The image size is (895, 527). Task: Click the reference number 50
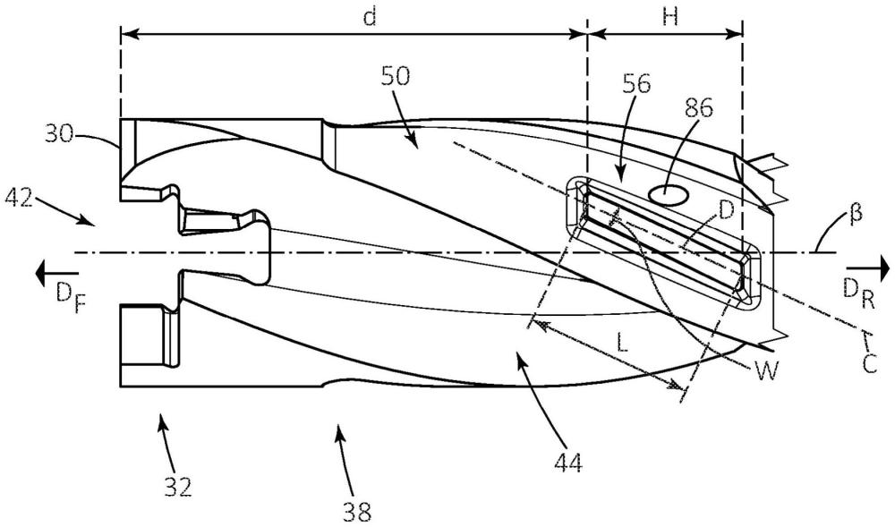[x=396, y=76]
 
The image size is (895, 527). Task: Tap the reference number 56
[x=636, y=84]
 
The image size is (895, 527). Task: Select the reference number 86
[x=699, y=107]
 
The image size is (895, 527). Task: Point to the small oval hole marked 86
[x=669, y=195]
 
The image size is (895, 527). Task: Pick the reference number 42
[x=18, y=199]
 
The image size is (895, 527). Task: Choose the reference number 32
[x=178, y=487]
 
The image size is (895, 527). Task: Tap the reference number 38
[x=357, y=511]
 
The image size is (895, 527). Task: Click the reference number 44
[x=568, y=463]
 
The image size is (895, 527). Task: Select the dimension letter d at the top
[x=370, y=17]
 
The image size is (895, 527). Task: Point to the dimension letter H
[x=670, y=17]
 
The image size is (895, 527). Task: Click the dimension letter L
[x=622, y=343]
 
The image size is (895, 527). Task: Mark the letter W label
[x=766, y=372]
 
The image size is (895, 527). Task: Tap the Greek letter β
[x=856, y=215]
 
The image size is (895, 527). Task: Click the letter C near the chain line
[x=869, y=363]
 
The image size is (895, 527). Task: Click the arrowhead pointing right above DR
[x=885, y=267]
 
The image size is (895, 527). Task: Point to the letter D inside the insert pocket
[x=726, y=211]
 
